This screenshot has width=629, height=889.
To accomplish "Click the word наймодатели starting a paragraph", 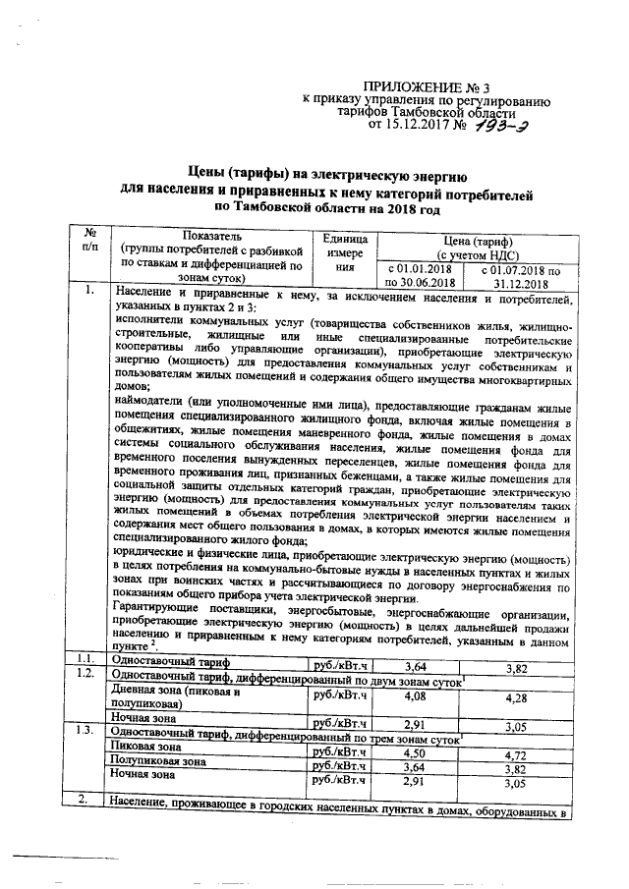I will point(152,405).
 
